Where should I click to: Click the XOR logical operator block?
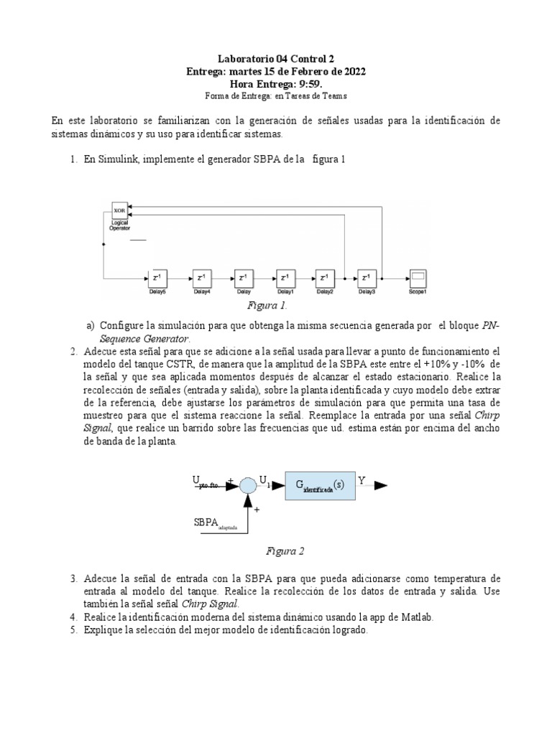[x=120, y=210]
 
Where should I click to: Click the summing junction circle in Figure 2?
[x=248, y=485]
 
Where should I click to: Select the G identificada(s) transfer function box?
[x=320, y=484]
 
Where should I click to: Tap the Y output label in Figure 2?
[x=362, y=479]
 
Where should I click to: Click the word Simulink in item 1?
[x=114, y=159]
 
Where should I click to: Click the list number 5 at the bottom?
[x=74, y=629]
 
